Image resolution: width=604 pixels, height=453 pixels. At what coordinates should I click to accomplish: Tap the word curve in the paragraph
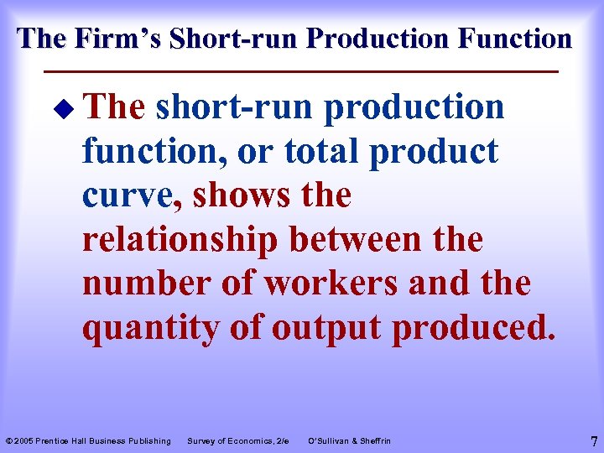pyautogui.click(x=132, y=195)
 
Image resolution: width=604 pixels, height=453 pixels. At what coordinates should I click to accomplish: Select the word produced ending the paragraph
pyautogui.click(x=473, y=328)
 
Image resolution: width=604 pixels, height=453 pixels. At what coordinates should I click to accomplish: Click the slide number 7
pyautogui.click(x=593, y=440)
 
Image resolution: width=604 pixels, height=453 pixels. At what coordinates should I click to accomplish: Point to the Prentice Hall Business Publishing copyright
pyautogui.click(x=88, y=441)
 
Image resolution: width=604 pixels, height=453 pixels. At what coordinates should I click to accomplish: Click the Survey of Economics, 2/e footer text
pyautogui.click(x=238, y=441)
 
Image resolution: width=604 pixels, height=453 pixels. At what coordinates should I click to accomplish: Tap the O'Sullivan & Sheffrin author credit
pyautogui.click(x=349, y=441)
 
